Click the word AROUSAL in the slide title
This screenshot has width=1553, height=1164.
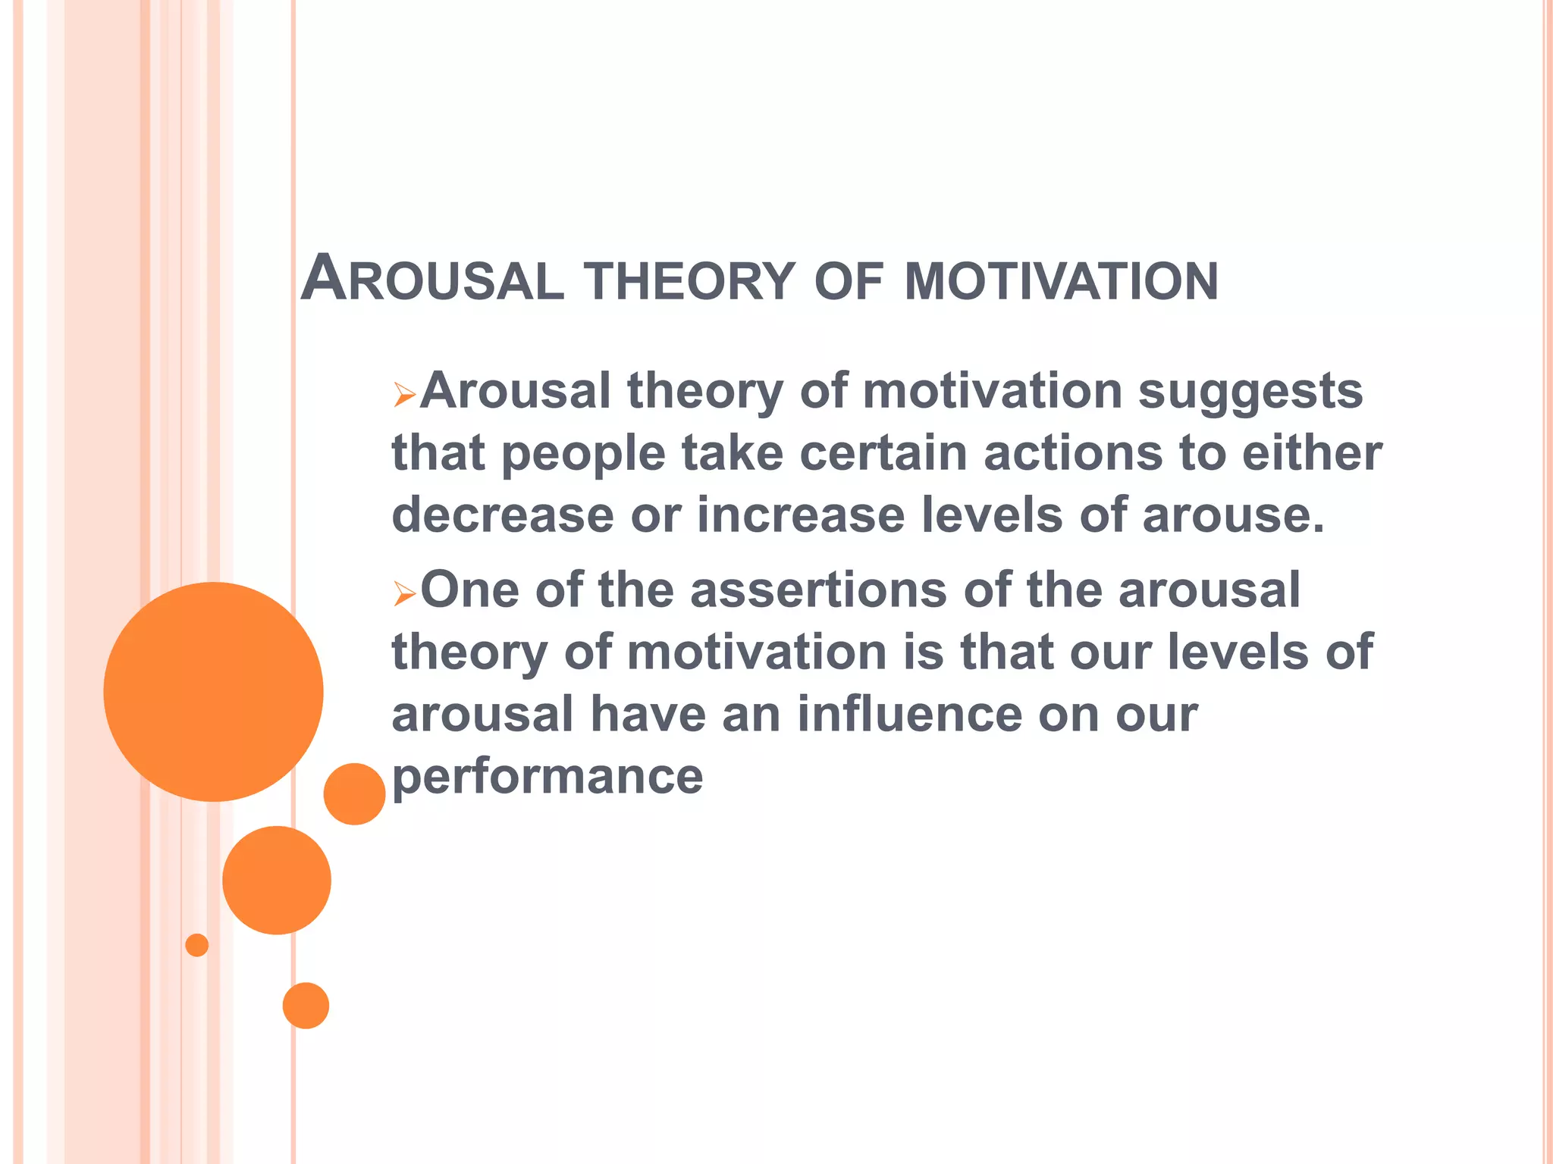tap(432, 280)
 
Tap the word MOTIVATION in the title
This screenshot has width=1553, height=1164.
tap(1061, 282)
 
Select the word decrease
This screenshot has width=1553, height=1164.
tap(502, 515)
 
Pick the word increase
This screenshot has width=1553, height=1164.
tap(801, 515)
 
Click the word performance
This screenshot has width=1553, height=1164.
tap(547, 778)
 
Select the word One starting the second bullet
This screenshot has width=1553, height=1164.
tap(469, 590)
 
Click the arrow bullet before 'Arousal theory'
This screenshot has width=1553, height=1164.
tap(404, 396)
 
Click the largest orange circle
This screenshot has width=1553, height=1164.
tap(213, 691)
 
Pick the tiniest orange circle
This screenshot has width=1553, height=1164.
tap(197, 945)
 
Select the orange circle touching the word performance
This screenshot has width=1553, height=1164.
tap(354, 793)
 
